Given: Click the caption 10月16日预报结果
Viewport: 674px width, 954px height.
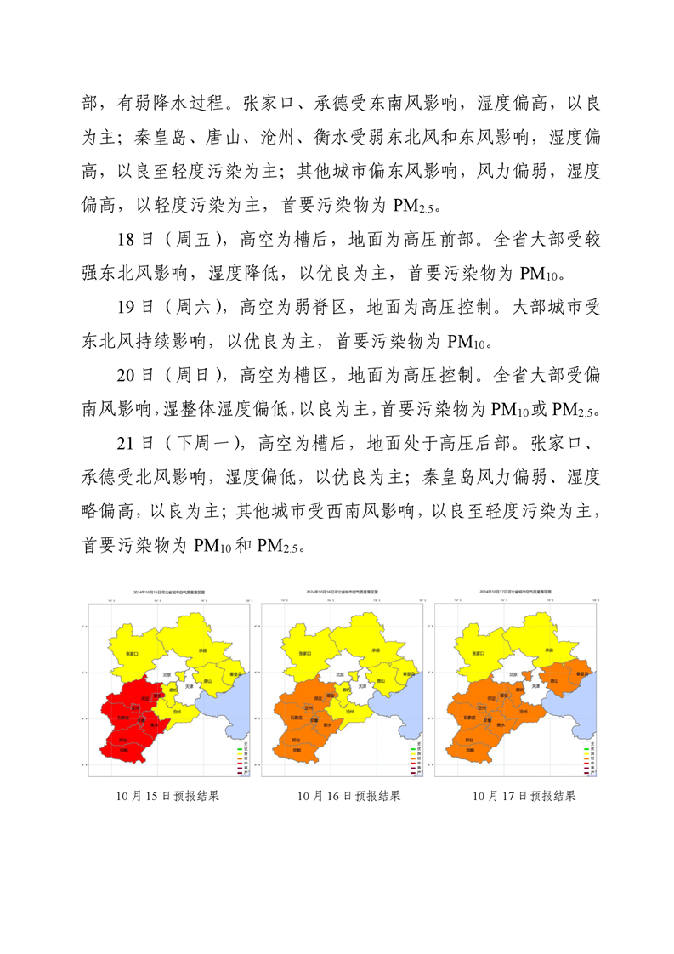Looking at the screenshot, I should point(348,797).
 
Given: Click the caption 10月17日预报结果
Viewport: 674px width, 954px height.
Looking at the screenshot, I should point(524,797).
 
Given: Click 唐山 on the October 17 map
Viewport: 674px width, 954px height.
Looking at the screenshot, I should point(553,681).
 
